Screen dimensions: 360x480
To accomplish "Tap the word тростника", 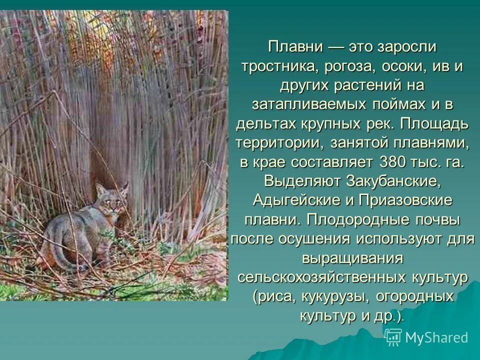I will click(x=273, y=66).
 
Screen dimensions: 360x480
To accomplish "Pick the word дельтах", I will click(x=267, y=124).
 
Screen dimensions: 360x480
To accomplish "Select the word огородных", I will click(x=414, y=296).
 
